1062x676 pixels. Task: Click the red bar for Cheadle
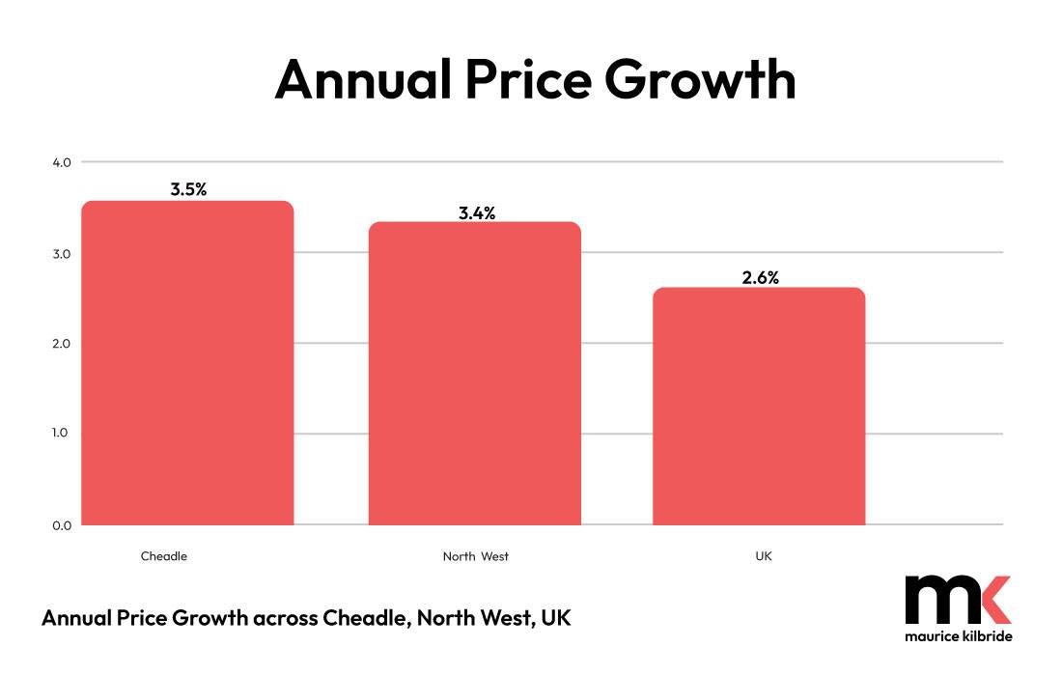(x=187, y=363)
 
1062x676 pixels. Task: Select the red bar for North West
(x=474, y=374)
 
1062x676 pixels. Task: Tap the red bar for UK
(x=759, y=407)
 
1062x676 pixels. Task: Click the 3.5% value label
(x=188, y=189)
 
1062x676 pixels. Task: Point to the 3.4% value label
(x=476, y=213)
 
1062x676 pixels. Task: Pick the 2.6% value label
(x=760, y=277)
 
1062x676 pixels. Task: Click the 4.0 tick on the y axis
(x=62, y=162)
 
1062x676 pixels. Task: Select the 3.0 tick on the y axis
(x=62, y=253)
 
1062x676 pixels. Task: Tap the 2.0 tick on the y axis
(x=62, y=344)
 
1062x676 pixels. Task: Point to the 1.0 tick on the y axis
(x=62, y=434)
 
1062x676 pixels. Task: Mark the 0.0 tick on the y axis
(x=62, y=525)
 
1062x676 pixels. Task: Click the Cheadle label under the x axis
(x=164, y=556)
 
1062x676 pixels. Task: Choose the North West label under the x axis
(x=475, y=556)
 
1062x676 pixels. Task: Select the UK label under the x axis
(x=764, y=556)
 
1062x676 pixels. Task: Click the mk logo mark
(x=958, y=600)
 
